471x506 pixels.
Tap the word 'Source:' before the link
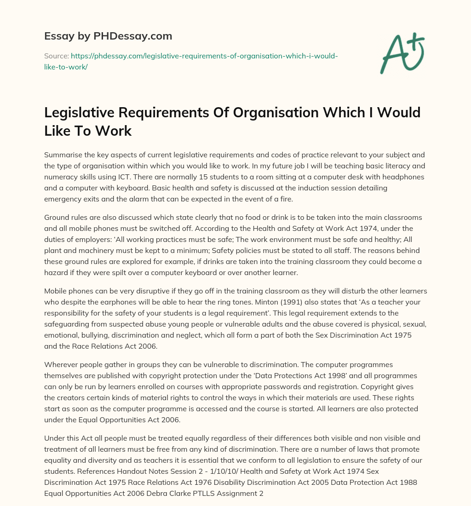(56, 56)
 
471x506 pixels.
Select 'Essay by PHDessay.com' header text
(108, 36)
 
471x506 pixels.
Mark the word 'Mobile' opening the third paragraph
(56, 292)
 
